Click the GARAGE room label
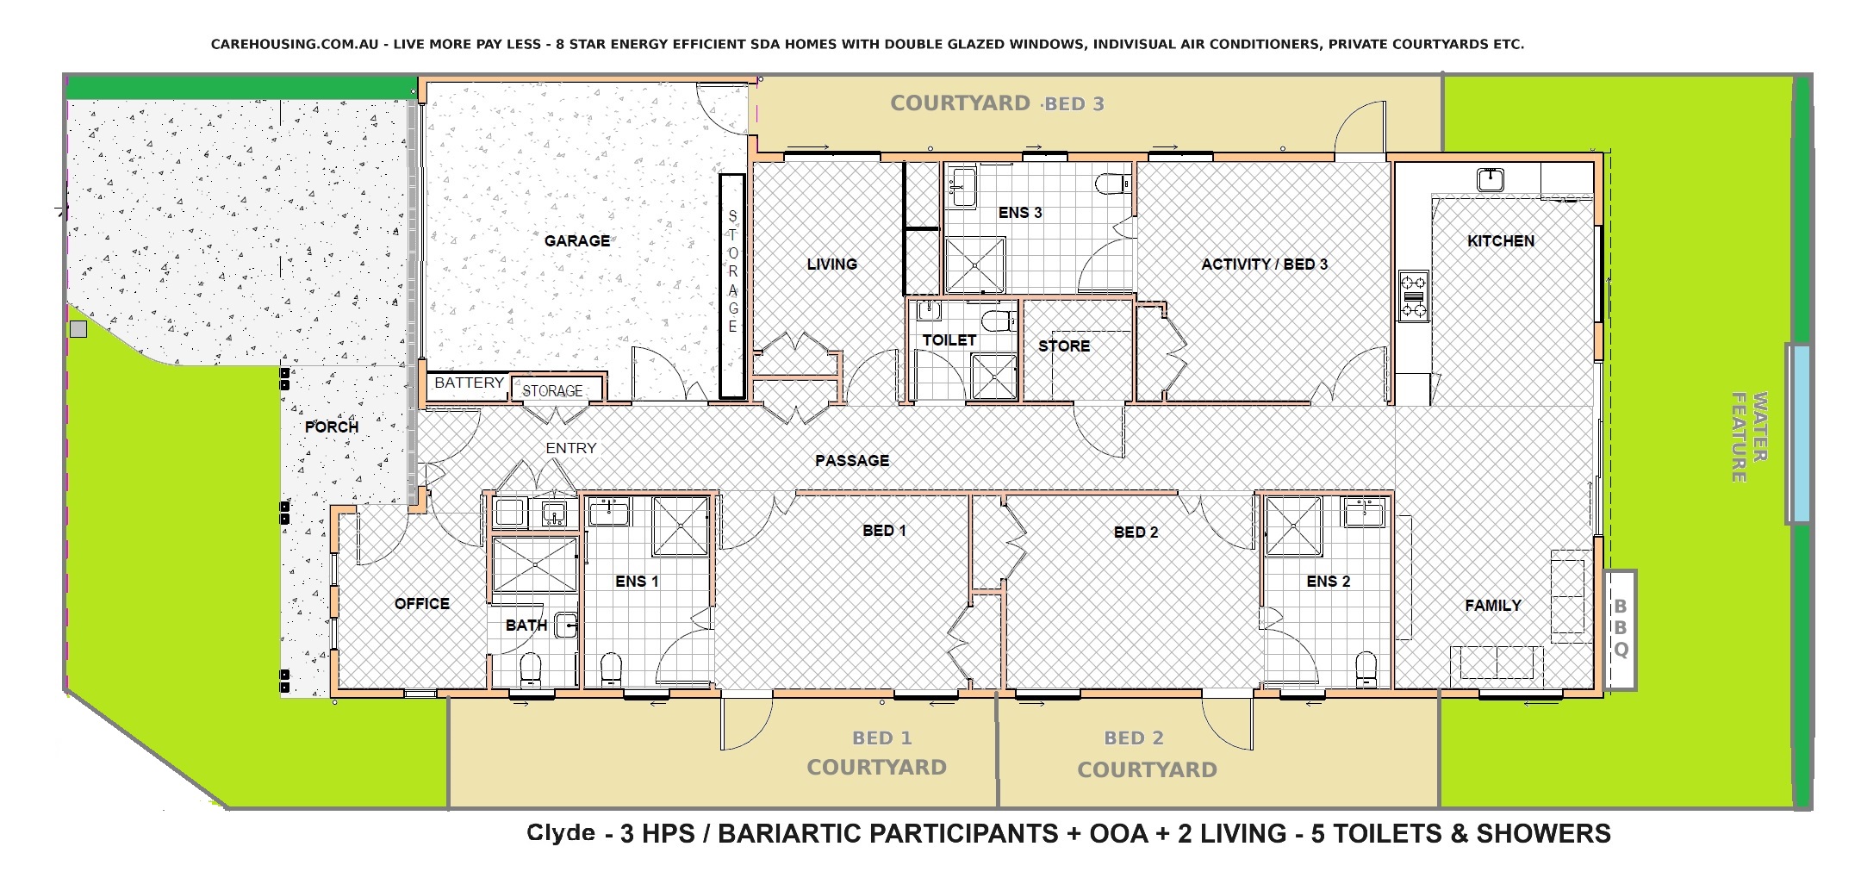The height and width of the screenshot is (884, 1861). point(576,241)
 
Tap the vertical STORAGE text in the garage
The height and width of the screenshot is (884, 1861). point(732,271)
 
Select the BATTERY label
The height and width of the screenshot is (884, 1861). point(469,383)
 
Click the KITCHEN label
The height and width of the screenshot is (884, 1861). point(1500,241)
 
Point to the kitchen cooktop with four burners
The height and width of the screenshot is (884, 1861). point(1413,296)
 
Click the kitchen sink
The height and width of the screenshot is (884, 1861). point(1490,179)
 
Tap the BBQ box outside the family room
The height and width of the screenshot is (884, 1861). point(1620,628)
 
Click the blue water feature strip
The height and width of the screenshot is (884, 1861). point(1798,433)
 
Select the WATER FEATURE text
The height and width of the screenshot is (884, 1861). point(1749,437)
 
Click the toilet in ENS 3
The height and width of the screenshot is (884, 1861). point(1111,184)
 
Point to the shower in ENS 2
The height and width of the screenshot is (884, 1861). point(1293,527)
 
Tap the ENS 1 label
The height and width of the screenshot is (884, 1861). point(637,582)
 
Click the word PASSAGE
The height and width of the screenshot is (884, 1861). point(851,461)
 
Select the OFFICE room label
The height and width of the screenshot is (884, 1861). point(421,604)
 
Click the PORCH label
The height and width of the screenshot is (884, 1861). point(331,427)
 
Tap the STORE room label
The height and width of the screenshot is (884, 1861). point(1063,346)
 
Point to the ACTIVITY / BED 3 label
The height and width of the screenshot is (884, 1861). point(1264,265)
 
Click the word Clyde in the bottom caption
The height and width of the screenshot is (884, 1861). point(560,833)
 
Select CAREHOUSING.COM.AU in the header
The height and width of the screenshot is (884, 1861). point(295,44)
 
